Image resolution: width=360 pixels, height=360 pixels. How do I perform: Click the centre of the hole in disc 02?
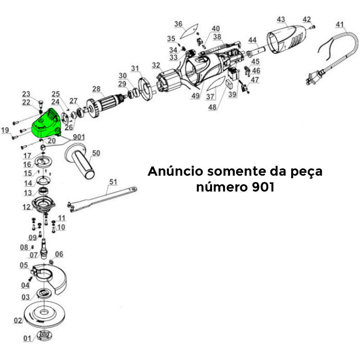[x=43, y=312]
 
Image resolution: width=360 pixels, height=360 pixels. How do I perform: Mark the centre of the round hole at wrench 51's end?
[x=134, y=189]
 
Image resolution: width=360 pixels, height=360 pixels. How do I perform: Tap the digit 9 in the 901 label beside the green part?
[x=75, y=137]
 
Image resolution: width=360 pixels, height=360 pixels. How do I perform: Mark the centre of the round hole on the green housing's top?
[x=41, y=121]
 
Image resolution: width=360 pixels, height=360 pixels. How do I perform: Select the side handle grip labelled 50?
[x=80, y=161]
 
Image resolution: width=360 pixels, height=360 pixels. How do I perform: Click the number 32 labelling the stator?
[x=156, y=65]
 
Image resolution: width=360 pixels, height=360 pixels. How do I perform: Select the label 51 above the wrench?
[x=113, y=182]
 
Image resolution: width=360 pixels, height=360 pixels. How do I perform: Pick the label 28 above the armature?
[x=96, y=89]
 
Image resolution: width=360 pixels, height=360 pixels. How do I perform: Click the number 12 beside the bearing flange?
[x=27, y=207]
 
